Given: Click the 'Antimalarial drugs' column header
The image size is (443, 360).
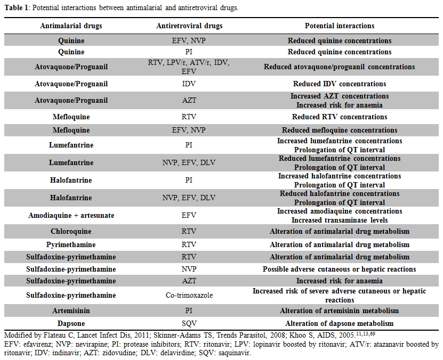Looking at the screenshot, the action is (71, 26).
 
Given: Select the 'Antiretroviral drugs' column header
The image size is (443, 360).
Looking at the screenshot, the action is (189, 26).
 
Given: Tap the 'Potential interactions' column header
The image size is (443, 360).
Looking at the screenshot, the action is (339, 26).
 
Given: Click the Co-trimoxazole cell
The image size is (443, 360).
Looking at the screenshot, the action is (189, 296).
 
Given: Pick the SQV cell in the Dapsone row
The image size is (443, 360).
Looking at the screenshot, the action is (189, 324).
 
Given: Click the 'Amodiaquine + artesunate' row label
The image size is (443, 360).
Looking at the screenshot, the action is (71, 216).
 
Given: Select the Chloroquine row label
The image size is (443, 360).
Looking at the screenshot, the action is (71, 232).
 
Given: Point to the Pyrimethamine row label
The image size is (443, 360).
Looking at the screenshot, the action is (71, 244).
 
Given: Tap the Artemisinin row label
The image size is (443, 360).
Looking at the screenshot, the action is (71, 310).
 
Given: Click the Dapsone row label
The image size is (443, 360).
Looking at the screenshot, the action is (71, 324).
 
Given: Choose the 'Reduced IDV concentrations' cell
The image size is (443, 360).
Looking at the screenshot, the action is (339, 84).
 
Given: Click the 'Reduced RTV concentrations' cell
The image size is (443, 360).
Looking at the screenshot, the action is (339, 117).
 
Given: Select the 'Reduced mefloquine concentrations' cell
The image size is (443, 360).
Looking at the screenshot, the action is (339, 130).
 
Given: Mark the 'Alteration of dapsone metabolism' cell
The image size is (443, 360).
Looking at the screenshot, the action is (339, 324).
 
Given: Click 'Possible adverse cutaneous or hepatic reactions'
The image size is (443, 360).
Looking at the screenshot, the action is (339, 269).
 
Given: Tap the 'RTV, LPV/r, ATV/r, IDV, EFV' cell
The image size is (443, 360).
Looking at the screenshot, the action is (189, 67).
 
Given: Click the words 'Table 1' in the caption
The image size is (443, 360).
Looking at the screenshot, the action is (17, 7).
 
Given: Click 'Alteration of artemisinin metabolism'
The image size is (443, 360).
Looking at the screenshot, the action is (339, 310).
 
